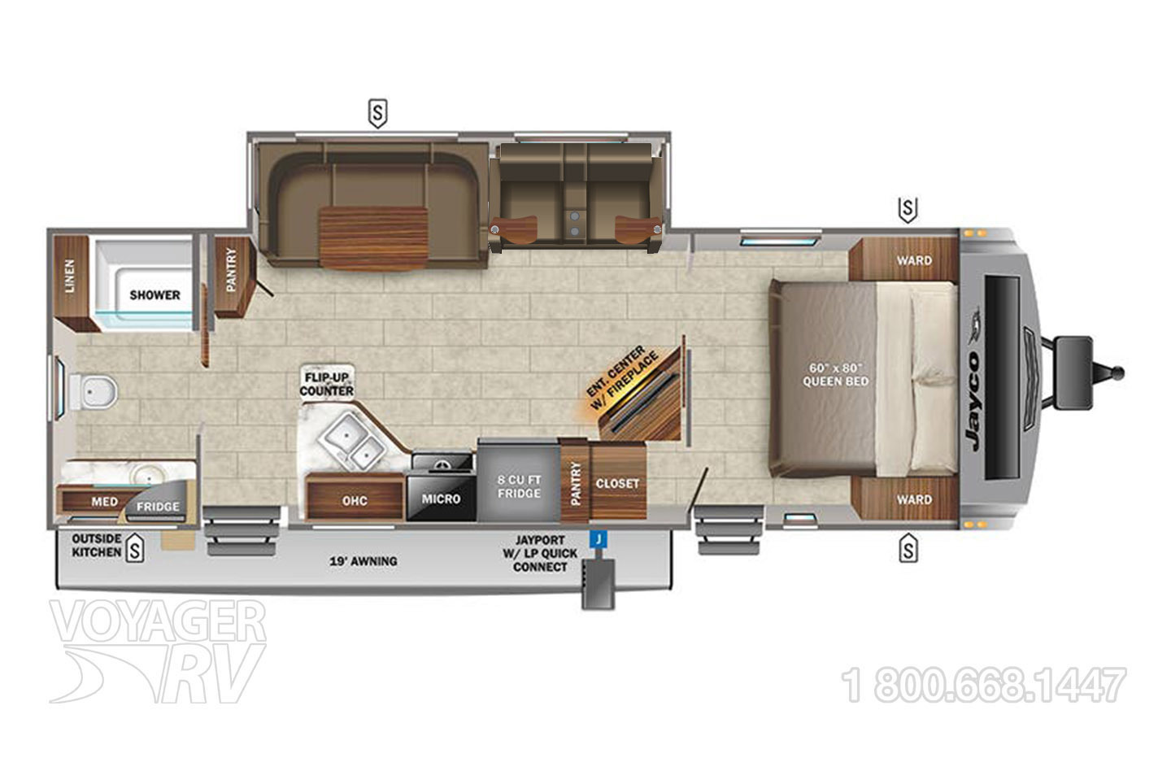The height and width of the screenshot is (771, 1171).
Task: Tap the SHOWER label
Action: coord(155,294)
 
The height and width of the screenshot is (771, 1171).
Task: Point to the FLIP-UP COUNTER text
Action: coord(326,384)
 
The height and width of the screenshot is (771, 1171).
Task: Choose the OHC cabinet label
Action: coord(355,500)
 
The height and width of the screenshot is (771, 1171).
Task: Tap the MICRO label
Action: coord(441,499)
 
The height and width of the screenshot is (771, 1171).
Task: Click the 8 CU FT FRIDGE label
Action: coord(519,486)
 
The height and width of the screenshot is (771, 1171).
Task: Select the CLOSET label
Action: coord(617,483)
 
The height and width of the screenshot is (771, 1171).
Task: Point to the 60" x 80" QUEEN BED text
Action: coord(835,374)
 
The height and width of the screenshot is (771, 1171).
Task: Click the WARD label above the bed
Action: coord(914,261)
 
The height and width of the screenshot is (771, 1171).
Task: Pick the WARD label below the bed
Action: coord(914,499)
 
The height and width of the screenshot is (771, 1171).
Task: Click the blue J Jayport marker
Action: coord(599,538)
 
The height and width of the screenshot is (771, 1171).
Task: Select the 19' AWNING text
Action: coord(363,560)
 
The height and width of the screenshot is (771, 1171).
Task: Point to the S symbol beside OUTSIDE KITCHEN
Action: coord(135,551)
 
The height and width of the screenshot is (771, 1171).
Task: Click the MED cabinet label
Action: coord(104,502)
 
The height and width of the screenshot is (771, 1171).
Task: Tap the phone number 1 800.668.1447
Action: coord(985,686)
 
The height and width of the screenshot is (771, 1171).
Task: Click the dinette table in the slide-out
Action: coord(373,236)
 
